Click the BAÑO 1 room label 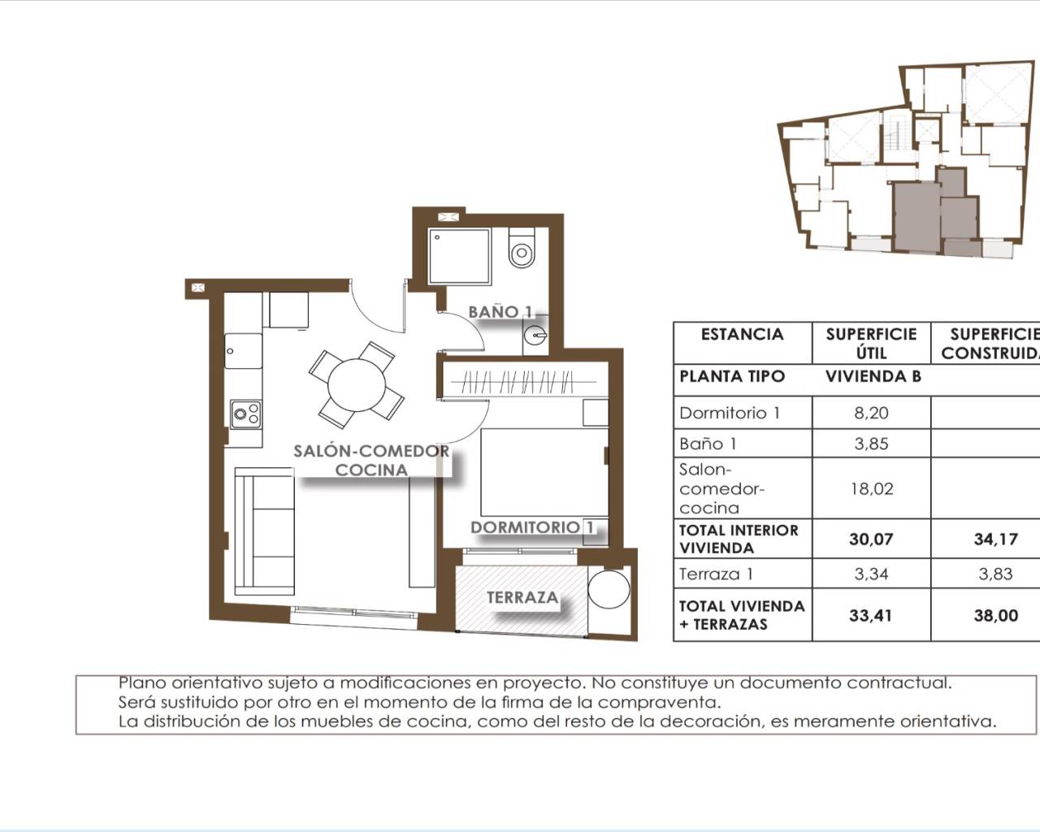[500, 312]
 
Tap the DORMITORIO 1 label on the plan [532, 527]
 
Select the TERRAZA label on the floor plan [522, 597]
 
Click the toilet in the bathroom [522, 248]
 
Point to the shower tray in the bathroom [459, 256]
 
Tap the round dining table [357, 386]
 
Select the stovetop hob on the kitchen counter [245, 414]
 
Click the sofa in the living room [264, 531]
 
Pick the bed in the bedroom [544, 472]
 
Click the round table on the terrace [609, 590]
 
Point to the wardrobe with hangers [524, 381]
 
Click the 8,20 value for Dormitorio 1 [871, 413]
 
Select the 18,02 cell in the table [871, 489]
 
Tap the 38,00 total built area [995, 615]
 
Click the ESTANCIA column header [743, 335]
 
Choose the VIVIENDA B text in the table [873, 377]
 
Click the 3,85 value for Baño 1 [871, 444]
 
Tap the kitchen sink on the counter [244, 351]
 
